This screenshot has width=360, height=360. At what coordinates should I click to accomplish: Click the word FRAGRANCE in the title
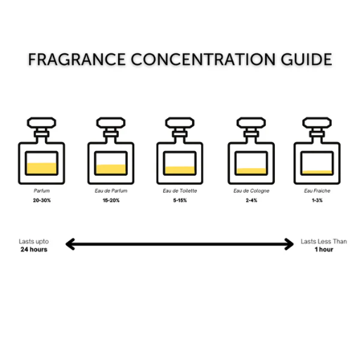tap(77, 59)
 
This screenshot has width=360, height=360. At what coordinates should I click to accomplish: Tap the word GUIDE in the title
tap(307, 59)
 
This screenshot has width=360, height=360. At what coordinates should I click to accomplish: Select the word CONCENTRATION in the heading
tap(203, 59)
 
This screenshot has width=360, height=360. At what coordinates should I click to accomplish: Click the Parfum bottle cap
tap(41, 123)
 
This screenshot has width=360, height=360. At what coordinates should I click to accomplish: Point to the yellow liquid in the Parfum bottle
tap(41, 168)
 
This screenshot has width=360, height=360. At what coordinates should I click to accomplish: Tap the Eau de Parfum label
tap(111, 191)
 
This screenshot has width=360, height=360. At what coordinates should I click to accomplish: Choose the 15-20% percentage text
tap(111, 200)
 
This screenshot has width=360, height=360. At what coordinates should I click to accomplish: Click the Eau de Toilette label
tap(180, 191)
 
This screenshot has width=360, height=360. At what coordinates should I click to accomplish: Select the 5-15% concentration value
tap(180, 200)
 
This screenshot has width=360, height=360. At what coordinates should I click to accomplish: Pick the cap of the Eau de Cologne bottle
tap(251, 123)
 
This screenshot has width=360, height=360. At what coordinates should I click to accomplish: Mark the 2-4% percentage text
tap(251, 200)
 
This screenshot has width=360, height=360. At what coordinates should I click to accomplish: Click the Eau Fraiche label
tap(317, 191)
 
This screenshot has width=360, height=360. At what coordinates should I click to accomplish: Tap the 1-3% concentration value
tap(317, 200)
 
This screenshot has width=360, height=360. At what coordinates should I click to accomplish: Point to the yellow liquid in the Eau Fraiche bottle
tap(317, 172)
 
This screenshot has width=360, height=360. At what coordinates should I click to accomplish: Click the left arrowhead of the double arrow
tap(70, 244)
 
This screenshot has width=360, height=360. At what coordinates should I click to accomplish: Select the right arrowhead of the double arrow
tap(289, 244)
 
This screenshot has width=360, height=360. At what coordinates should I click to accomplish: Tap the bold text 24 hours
tap(34, 250)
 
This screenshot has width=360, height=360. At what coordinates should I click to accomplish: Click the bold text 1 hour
tap(323, 250)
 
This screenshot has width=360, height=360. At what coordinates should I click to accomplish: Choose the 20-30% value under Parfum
tap(41, 200)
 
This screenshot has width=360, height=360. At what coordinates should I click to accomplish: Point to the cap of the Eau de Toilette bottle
tap(180, 123)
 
